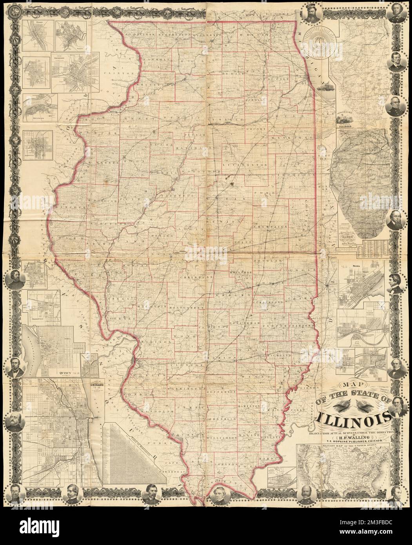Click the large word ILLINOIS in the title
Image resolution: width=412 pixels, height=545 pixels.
[355, 417]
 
